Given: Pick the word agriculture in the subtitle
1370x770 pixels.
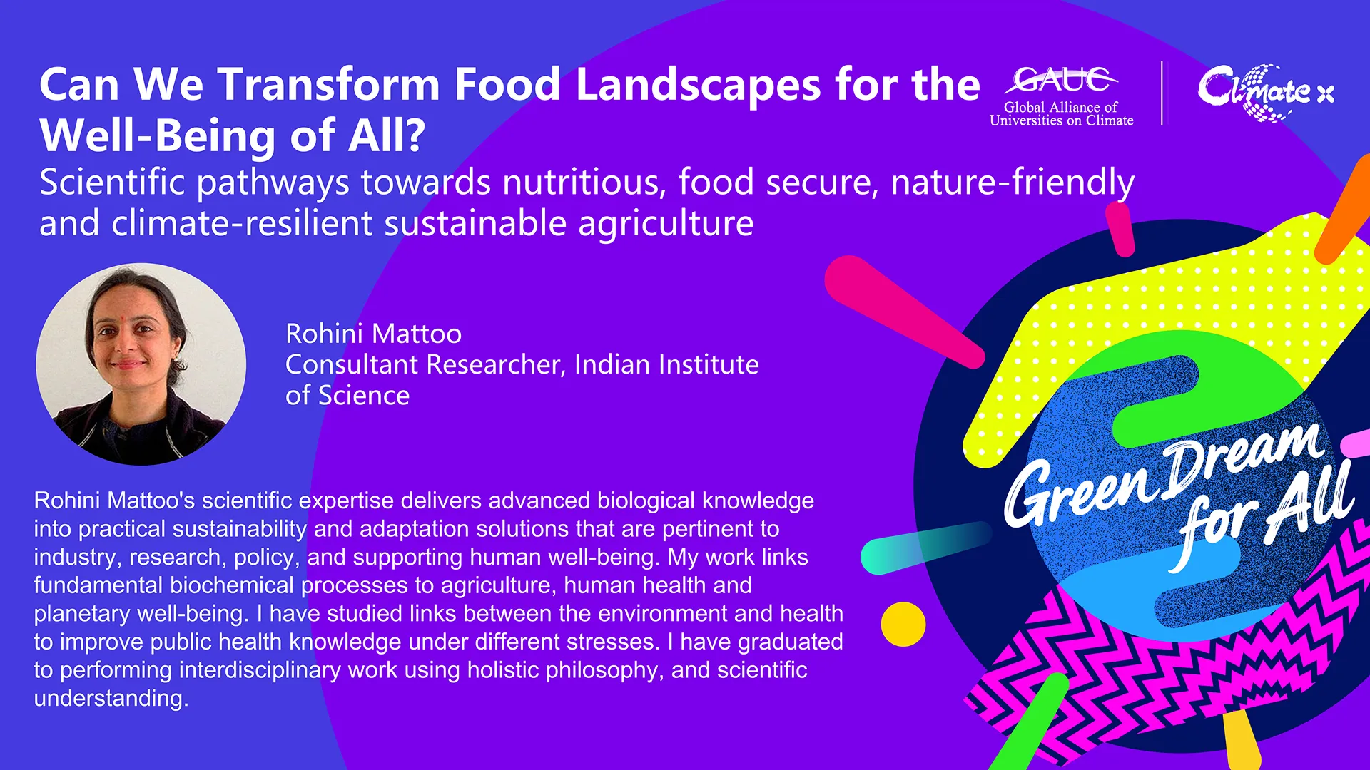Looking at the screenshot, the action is point(666,225).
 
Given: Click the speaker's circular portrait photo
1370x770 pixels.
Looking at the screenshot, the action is point(141,364).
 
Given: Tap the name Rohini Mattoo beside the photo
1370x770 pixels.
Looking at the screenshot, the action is point(373,334).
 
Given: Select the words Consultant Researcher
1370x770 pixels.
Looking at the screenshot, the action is point(425,365).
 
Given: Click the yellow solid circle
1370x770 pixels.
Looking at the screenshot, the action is point(903,624).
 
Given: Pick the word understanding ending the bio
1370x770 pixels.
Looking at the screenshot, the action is point(111,699).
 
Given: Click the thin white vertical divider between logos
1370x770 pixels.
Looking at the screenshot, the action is point(1162,93).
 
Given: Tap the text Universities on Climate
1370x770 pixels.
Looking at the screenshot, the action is point(1061,121).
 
